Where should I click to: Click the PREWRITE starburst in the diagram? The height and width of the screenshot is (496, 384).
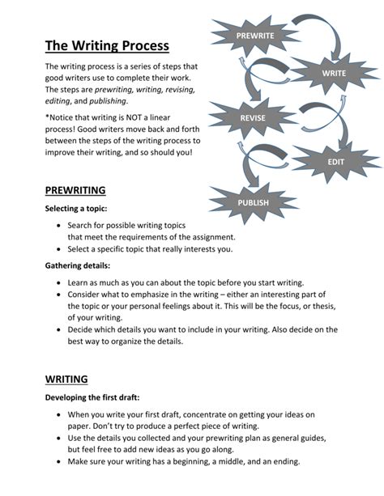(x=254, y=36)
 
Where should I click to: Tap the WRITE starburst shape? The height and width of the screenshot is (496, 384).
(x=334, y=73)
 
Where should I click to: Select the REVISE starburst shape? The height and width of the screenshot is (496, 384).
(x=253, y=119)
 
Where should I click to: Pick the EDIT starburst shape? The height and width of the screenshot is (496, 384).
(x=335, y=162)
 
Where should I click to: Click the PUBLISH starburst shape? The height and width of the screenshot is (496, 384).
(x=254, y=201)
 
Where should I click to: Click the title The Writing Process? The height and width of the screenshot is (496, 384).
(x=107, y=46)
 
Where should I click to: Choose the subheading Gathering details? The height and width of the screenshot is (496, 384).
(x=78, y=265)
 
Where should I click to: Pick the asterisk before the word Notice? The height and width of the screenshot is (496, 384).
(x=47, y=117)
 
